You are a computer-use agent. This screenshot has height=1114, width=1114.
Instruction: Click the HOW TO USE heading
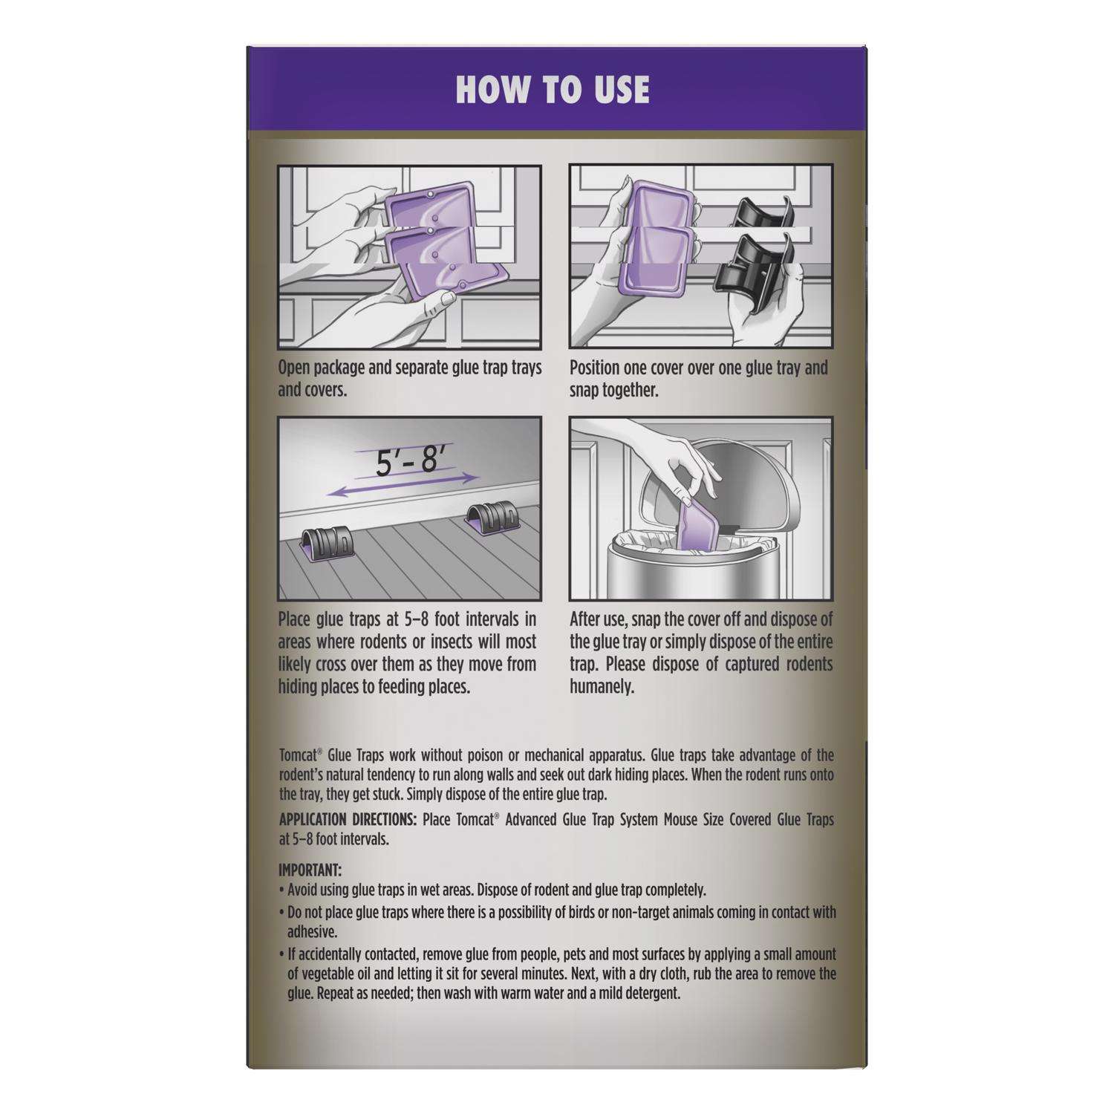[553, 90]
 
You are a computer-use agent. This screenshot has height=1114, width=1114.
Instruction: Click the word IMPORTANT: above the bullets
[310, 870]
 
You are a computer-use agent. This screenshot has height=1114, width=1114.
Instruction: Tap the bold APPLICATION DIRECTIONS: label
[348, 820]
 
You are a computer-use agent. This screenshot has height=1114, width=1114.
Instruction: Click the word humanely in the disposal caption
[602, 687]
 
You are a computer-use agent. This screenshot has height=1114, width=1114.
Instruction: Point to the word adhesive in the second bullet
[312, 931]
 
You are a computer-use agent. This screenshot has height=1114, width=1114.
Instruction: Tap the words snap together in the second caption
[613, 390]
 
